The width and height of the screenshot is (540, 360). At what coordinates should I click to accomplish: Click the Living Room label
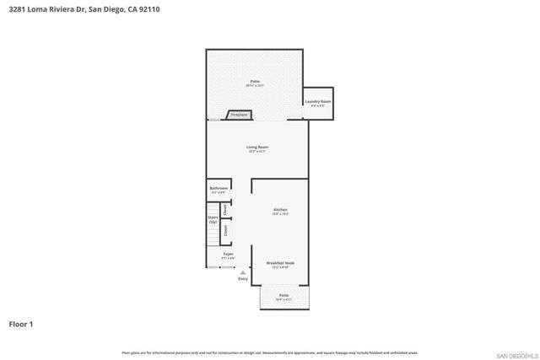pyautogui.click(x=256, y=148)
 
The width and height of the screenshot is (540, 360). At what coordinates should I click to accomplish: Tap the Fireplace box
pyautogui.click(x=239, y=115)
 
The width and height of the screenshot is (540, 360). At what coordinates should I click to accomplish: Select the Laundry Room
pyautogui.click(x=318, y=103)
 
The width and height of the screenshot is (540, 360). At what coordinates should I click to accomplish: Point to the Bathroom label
pyautogui.click(x=219, y=189)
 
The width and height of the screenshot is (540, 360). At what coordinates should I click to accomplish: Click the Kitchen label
pyautogui.click(x=281, y=209)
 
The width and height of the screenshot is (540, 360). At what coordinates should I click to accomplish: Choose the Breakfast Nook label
pyautogui.click(x=281, y=263)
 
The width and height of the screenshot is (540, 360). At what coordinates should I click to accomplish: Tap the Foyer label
pyautogui.click(x=228, y=254)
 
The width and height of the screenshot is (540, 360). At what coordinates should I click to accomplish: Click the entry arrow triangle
pyautogui.click(x=243, y=272)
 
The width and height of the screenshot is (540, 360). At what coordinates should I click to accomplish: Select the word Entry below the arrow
pyautogui.click(x=243, y=279)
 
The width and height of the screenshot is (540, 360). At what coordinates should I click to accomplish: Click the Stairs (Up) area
pyautogui.click(x=213, y=219)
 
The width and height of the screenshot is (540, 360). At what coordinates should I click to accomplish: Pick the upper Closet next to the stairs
pyautogui.click(x=225, y=210)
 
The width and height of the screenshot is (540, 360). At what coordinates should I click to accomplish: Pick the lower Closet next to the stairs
pyautogui.click(x=225, y=229)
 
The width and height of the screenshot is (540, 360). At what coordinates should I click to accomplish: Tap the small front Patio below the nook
pyautogui.click(x=284, y=296)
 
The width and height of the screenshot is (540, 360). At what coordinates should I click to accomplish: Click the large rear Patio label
pyautogui.click(x=255, y=82)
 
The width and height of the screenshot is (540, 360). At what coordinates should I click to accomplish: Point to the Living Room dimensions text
pyautogui.click(x=256, y=152)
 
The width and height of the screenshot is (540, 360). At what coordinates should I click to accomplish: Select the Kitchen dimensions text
pyautogui.click(x=281, y=213)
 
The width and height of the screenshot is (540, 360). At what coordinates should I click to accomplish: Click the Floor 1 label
pyautogui.click(x=21, y=324)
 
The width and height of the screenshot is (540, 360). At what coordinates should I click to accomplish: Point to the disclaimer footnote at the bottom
pyautogui.click(x=270, y=352)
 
